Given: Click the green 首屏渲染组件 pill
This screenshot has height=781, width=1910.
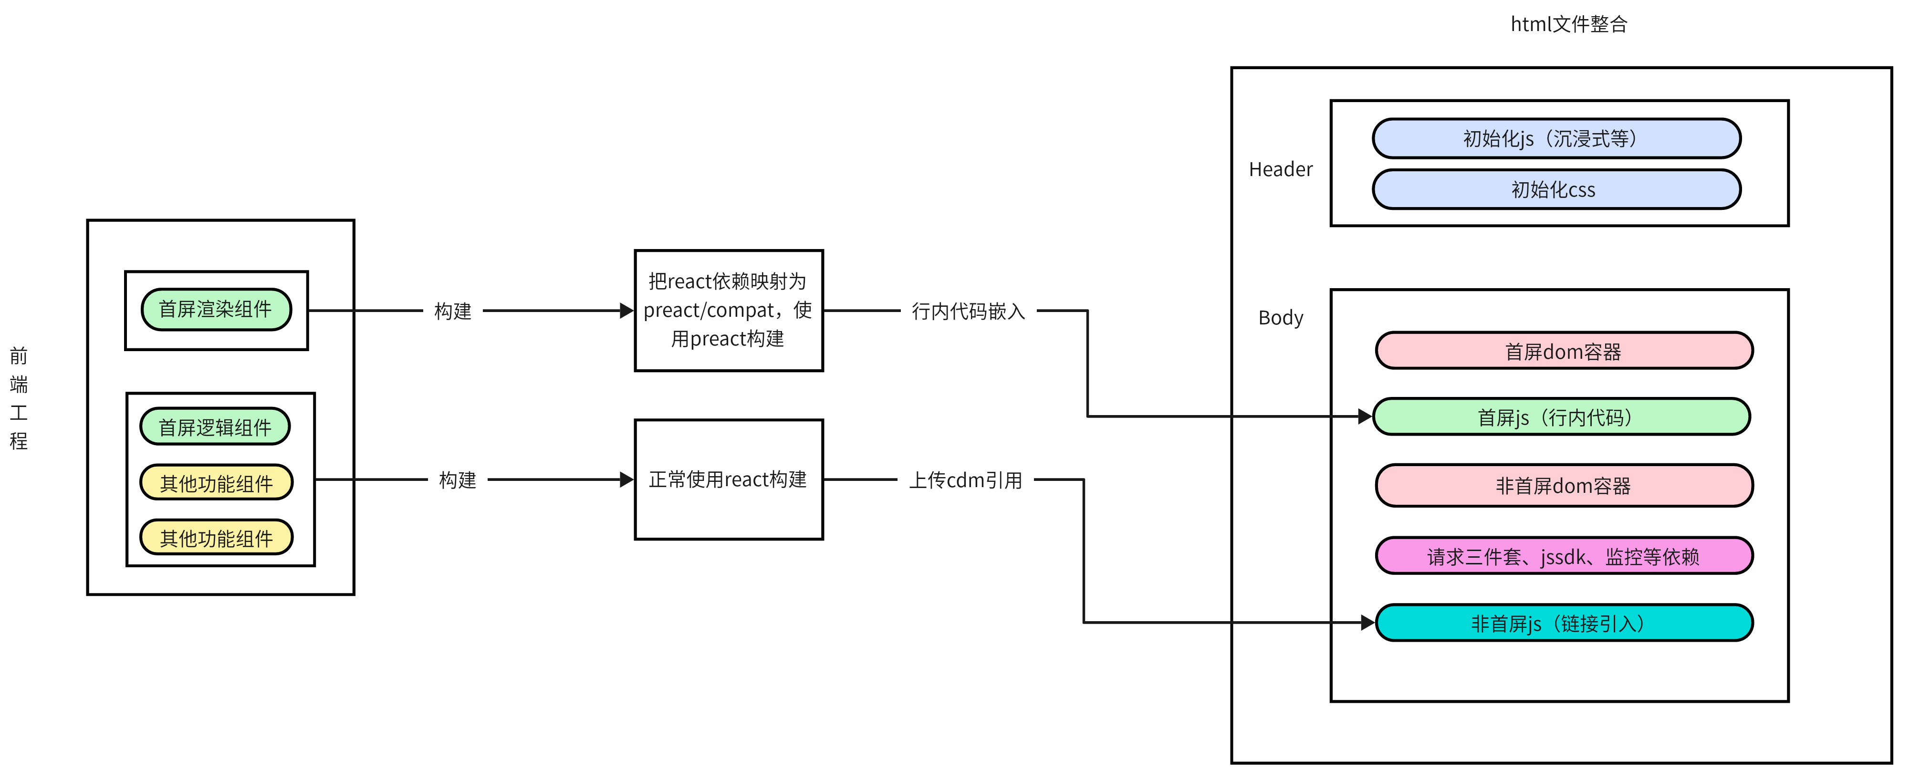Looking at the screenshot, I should tap(216, 309).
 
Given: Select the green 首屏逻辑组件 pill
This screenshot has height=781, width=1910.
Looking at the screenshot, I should tap(215, 427).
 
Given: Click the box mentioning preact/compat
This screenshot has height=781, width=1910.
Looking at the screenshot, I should tap(728, 310).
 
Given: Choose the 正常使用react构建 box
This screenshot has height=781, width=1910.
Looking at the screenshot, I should tap(728, 479).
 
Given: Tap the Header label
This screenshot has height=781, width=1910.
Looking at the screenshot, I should tap(1281, 169).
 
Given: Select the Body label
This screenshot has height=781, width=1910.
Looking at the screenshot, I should tap(1281, 317).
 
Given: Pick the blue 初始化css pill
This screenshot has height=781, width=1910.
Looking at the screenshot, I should tap(1556, 189).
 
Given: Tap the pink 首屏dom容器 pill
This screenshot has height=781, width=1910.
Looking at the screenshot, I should tap(1564, 351).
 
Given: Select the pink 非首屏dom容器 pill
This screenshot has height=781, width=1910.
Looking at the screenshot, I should tap(1564, 486).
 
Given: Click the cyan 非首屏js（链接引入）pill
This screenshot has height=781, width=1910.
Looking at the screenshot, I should tap(1564, 623).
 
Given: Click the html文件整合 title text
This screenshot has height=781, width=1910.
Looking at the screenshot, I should tap(1569, 24).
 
